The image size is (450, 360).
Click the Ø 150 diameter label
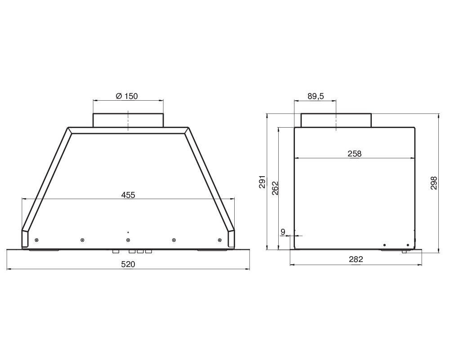pyautogui.click(x=127, y=96)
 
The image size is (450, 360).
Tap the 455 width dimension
pyautogui.click(x=128, y=195)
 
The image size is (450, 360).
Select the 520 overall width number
pyautogui.click(x=128, y=264)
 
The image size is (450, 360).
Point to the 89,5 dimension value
pyautogui.click(x=316, y=96)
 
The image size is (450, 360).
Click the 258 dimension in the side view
pyautogui.click(x=355, y=154)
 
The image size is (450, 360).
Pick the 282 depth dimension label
pyautogui.click(x=356, y=259)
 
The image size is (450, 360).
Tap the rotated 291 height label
pyautogui.click(x=262, y=182)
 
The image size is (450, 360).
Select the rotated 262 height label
pyautogui.click(x=275, y=188)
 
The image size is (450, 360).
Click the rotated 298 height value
pyautogui.click(x=434, y=183)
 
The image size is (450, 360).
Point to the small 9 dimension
pyautogui.click(x=283, y=232)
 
